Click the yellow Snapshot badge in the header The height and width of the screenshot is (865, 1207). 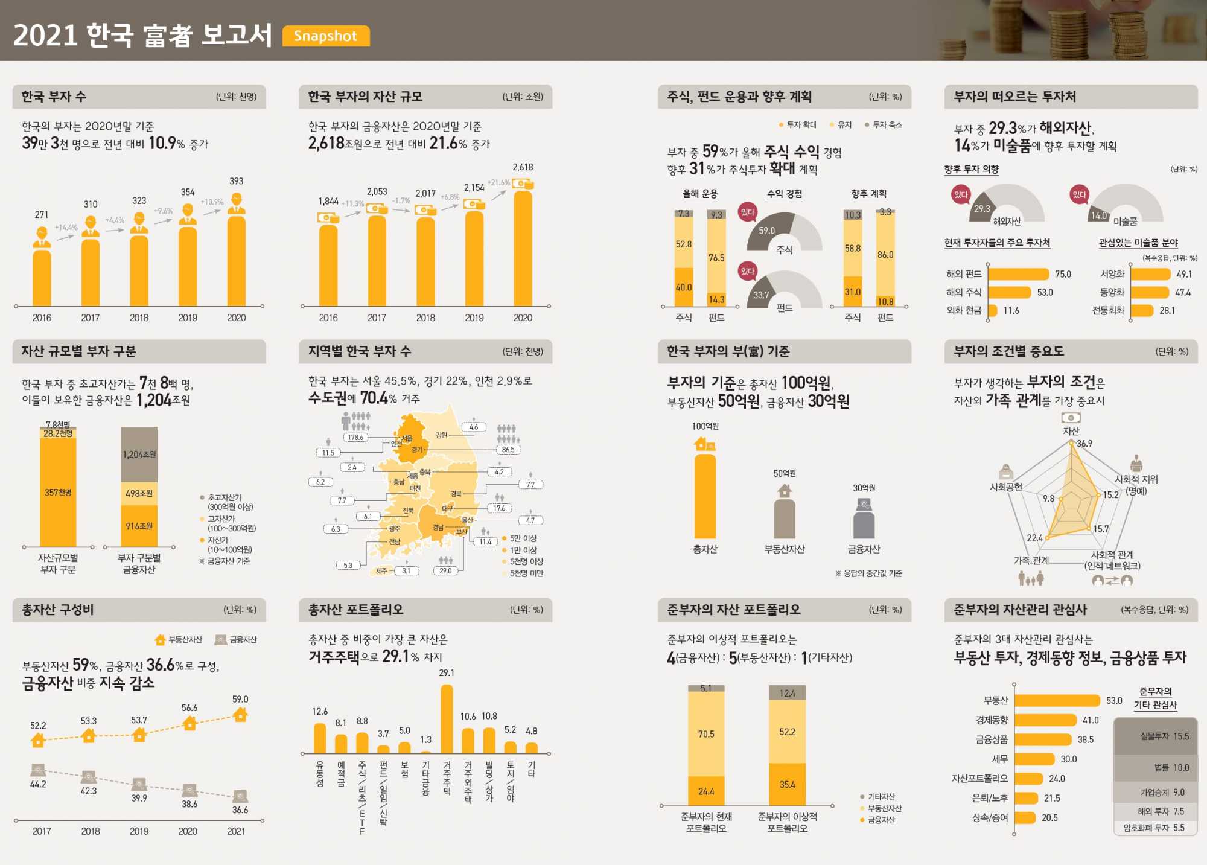(x=326, y=36)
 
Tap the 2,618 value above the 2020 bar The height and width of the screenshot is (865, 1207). (x=523, y=167)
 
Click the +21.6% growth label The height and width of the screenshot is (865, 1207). (x=498, y=182)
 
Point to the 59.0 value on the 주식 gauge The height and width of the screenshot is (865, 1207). (x=766, y=231)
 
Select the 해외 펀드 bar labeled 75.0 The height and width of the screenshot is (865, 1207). (x=1018, y=274)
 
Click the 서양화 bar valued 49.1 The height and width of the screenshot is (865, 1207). (x=1150, y=274)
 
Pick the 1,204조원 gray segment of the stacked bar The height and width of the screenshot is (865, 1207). (x=139, y=454)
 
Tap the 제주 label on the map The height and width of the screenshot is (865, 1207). (x=381, y=570)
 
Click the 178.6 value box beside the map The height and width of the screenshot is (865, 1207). (x=355, y=438)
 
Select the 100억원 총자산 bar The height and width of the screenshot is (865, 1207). (x=705, y=495)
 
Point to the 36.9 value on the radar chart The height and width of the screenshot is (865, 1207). (x=1084, y=444)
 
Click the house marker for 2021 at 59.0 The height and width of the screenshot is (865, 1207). (x=240, y=715)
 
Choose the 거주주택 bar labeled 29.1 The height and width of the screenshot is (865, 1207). (x=447, y=718)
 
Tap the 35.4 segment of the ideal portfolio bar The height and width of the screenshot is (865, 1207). (x=787, y=784)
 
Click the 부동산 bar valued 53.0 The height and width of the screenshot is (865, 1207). (x=1057, y=700)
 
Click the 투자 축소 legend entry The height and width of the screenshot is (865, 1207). (x=884, y=125)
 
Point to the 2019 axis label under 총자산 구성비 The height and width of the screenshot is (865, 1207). (x=139, y=831)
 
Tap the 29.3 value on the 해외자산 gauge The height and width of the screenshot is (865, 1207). (x=982, y=209)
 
